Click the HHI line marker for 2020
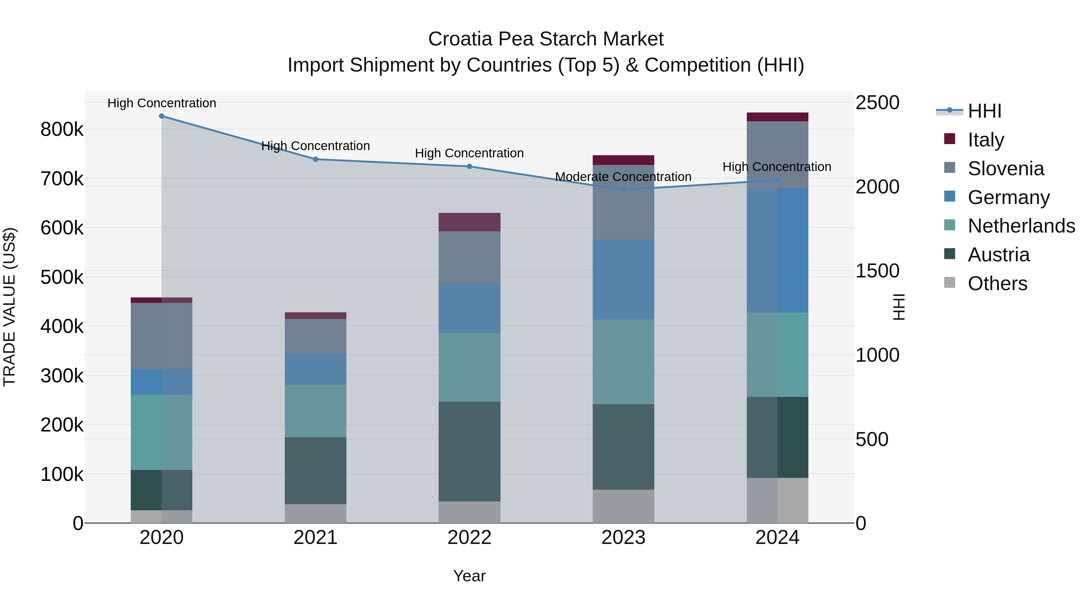pos(161,116)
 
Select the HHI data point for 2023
pos(623,190)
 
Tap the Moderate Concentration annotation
pos(623,177)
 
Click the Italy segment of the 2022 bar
pos(469,222)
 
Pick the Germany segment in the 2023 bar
pos(623,280)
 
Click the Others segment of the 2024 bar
pos(777,500)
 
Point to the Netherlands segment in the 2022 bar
pos(469,367)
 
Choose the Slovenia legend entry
pos(1006,169)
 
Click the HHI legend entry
pos(984,111)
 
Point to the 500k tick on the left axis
pos(62,277)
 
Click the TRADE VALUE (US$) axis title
pos(9,307)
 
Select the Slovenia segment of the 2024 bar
pos(777,155)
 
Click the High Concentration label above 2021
pos(315,146)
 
